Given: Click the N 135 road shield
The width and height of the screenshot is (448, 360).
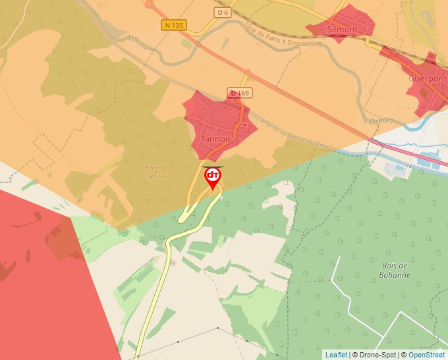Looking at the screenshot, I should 174,25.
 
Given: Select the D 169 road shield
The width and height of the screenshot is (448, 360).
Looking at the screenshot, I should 239,93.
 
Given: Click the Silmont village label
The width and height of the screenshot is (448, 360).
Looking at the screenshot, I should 342,30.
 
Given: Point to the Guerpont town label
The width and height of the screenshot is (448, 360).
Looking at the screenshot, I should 428,78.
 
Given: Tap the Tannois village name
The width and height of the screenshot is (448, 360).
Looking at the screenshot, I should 215,140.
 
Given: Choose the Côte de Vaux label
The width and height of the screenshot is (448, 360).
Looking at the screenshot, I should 157,172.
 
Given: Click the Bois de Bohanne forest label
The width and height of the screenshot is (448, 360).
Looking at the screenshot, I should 395,270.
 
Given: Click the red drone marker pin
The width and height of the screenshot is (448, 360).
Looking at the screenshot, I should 213,177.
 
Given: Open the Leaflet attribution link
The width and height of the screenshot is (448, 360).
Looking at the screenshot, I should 336,355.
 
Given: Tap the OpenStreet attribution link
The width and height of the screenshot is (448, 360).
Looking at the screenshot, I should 426,355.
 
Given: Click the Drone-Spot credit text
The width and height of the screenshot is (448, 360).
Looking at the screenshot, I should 375,355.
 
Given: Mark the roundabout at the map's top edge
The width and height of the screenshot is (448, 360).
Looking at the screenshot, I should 150,4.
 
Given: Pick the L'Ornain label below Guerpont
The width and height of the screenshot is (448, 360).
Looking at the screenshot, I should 378,120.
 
